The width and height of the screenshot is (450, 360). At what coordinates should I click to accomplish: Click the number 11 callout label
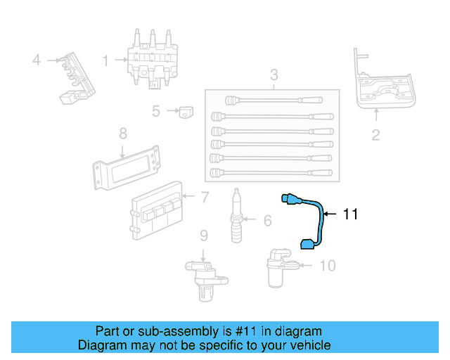pyautogui.click(x=351, y=214)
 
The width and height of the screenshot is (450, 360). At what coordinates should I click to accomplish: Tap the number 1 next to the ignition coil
pyautogui.click(x=106, y=61)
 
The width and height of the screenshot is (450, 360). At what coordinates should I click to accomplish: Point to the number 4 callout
pyautogui.click(x=37, y=60)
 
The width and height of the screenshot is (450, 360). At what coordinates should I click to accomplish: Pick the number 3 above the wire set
pyautogui.click(x=274, y=75)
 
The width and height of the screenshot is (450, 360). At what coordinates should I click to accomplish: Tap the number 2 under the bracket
pyautogui.click(x=375, y=134)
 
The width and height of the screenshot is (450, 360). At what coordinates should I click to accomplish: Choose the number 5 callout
pyautogui.click(x=156, y=110)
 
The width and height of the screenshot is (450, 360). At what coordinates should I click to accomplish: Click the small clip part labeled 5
pyautogui.click(x=186, y=111)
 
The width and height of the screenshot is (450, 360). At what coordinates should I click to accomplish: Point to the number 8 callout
pyautogui.click(x=122, y=132)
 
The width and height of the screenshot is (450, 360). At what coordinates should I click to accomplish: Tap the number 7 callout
pyautogui.click(x=205, y=198)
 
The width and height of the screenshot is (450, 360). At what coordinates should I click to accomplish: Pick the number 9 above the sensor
pyautogui.click(x=203, y=235)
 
